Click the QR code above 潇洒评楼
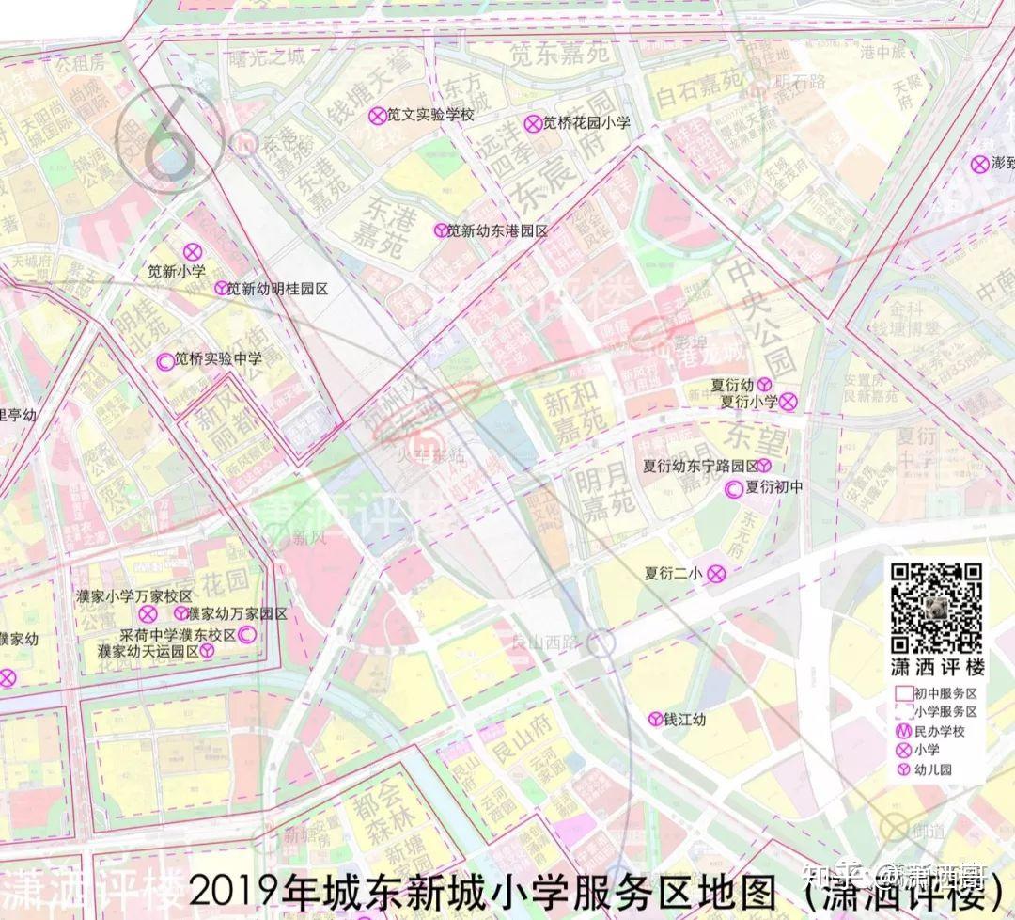(x=936, y=608)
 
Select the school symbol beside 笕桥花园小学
(x=533, y=122)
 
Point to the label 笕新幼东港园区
(x=496, y=230)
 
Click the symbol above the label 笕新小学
(x=193, y=251)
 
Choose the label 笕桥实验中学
(x=218, y=358)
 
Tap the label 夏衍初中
(x=774, y=487)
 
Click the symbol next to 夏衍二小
(x=716, y=572)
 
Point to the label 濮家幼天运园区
(x=148, y=650)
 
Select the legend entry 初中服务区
(x=945, y=692)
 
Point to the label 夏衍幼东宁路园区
(x=700, y=466)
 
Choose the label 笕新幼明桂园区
(x=277, y=289)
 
